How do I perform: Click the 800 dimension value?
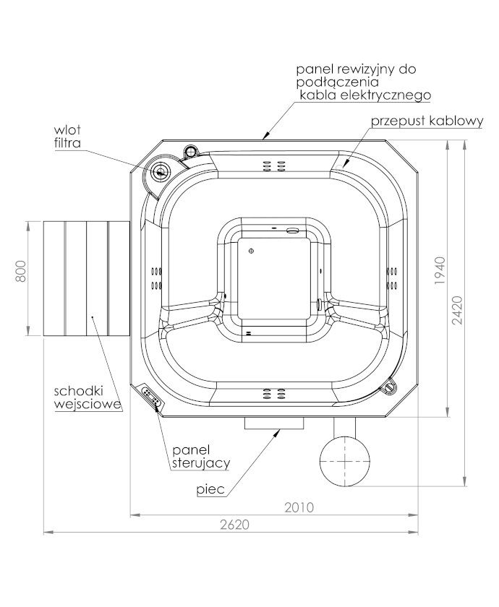[21, 272]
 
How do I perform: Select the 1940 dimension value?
[440, 271]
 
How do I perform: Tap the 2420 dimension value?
[458, 310]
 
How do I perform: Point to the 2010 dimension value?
[299, 507]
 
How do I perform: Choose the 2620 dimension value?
[235, 525]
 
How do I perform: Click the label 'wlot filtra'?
[67, 137]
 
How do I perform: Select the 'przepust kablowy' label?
[427, 121]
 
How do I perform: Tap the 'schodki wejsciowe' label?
[88, 397]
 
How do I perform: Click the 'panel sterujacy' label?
[201, 457]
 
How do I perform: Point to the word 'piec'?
[210, 489]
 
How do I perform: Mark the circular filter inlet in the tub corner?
[161, 171]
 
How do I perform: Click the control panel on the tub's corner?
[151, 397]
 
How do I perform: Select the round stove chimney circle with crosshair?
[344, 461]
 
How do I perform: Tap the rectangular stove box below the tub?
[274, 423]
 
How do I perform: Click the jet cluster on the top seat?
[274, 166]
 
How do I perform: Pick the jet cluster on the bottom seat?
[274, 394]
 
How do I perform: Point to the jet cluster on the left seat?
[156, 278]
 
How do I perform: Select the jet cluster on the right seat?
[392, 278]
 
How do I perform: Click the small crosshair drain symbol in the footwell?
[251, 251]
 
